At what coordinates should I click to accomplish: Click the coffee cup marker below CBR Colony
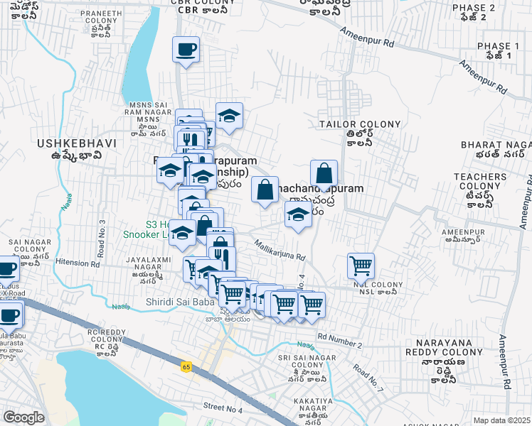tap(186, 50)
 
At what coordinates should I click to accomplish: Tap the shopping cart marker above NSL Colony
tap(361, 266)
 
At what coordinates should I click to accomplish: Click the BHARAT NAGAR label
tap(496, 144)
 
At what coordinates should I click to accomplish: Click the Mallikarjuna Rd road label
tap(280, 249)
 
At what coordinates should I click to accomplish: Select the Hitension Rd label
tap(80, 262)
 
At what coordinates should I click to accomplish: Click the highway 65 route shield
tap(186, 366)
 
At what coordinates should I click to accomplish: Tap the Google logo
tap(23, 417)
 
